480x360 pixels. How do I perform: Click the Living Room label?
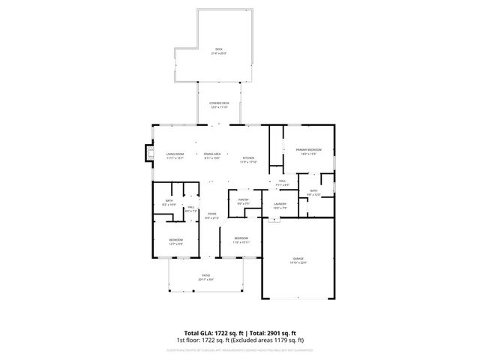point(175,155)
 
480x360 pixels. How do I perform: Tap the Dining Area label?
point(212,155)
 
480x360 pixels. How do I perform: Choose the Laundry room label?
point(280,205)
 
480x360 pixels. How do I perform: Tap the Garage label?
point(298,260)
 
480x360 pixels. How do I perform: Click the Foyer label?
point(212,215)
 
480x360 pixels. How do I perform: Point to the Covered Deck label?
point(220,106)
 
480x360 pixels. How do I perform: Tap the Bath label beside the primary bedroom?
point(313,192)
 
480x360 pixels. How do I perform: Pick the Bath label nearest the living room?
point(169,202)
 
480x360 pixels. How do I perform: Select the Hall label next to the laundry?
point(283,182)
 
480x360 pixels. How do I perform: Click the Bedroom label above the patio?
point(175,241)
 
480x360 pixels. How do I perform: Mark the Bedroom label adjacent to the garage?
point(240,240)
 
